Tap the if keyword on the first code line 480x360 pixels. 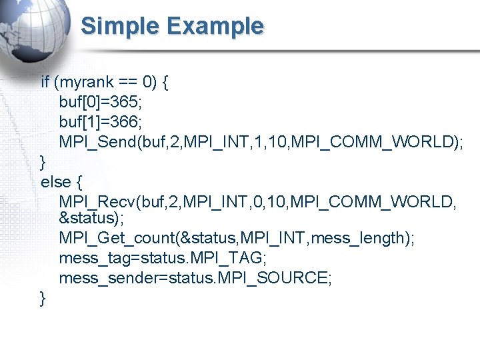(45, 83)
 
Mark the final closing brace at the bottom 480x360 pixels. (43, 299)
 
